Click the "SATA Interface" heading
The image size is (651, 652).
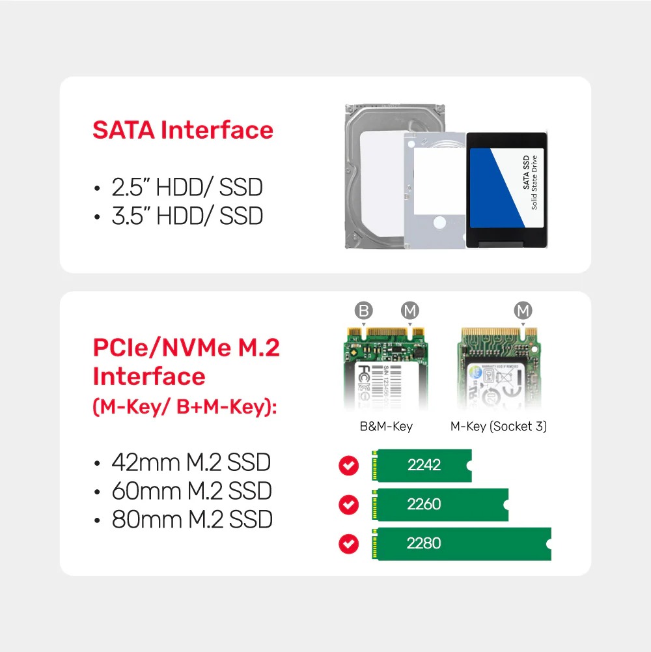point(183,130)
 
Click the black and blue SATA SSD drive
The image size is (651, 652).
point(506,189)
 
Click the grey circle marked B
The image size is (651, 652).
point(363,311)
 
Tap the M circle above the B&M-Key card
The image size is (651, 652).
point(409,311)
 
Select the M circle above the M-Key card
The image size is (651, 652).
point(523,311)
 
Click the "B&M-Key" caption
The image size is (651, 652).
point(386,427)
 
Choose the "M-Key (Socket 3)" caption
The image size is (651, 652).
point(499,427)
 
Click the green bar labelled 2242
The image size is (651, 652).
point(421,465)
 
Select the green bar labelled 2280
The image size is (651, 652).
point(461,543)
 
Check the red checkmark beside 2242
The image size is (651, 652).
point(350,466)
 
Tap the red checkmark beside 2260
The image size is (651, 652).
point(350,505)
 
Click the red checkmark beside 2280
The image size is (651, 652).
point(350,544)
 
